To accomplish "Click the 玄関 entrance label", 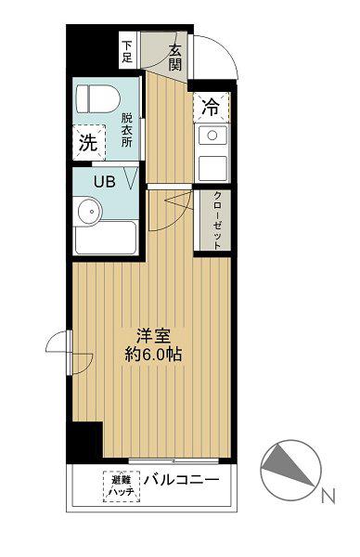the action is (x=175, y=58).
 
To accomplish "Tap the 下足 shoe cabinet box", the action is (x=127, y=50).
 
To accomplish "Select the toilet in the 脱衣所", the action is (x=97, y=100).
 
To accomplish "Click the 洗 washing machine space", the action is (x=89, y=142).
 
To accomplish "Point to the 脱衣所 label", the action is (x=126, y=130).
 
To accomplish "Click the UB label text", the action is (x=104, y=182).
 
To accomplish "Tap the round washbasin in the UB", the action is (x=90, y=211).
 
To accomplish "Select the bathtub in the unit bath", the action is (x=106, y=238).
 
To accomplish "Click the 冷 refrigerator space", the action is (x=211, y=107).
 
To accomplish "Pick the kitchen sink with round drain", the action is (x=212, y=136).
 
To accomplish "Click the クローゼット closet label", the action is (x=216, y=220).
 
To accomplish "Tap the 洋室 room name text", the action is (x=154, y=336).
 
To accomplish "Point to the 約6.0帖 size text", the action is (x=153, y=355).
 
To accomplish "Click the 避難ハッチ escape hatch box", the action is (x=122, y=486).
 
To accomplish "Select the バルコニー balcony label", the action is (x=182, y=480).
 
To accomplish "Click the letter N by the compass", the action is (x=328, y=496).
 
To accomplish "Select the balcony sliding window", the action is (x=174, y=461).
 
